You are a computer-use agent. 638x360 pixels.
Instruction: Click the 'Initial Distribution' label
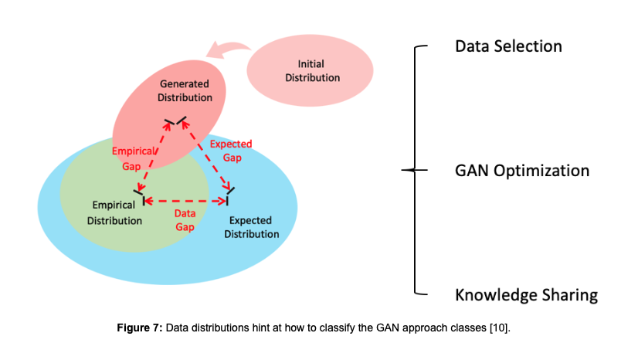[x=312, y=71]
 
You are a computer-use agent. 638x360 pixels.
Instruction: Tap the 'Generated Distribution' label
[x=185, y=90]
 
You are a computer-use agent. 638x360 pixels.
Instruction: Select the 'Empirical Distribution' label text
[x=114, y=212]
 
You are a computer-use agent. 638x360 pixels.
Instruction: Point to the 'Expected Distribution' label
[x=252, y=227]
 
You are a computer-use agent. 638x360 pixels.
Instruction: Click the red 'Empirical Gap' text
[x=133, y=158]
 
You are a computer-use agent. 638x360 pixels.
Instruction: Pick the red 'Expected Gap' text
[x=231, y=151]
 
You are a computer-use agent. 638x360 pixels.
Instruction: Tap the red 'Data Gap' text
[x=185, y=220]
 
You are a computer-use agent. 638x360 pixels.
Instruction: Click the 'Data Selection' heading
[x=508, y=46]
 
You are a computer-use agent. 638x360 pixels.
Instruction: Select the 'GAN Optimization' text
[x=522, y=171]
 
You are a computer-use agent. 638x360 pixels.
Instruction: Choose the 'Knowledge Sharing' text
[x=527, y=295]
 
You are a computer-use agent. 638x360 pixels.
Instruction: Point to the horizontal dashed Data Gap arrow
[x=185, y=201]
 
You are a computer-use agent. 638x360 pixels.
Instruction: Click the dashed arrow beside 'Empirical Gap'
[x=154, y=157]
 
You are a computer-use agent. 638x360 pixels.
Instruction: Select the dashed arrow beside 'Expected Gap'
[x=205, y=154]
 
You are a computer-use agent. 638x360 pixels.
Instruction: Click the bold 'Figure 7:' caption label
[x=140, y=328]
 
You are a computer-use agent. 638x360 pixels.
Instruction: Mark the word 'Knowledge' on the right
[x=491, y=295]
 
